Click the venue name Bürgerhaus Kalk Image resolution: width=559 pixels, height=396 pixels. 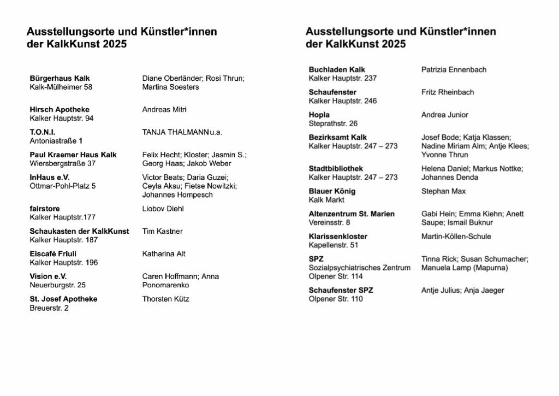(x=60, y=79)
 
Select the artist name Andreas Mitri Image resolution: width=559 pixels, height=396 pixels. (x=164, y=110)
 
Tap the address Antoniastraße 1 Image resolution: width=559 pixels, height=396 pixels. (x=56, y=141)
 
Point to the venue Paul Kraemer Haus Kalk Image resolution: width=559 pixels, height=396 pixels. (x=73, y=155)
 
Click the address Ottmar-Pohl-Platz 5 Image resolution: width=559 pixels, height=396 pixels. (x=63, y=186)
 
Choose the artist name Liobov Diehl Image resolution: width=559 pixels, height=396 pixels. (x=163, y=209)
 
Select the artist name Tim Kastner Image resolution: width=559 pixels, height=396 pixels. (x=162, y=232)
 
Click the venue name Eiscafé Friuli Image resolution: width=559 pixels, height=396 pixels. (x=53, y=254)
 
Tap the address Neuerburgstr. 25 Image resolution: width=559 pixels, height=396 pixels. (x=58, y=285)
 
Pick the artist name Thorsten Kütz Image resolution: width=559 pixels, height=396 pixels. (x=166, y=299)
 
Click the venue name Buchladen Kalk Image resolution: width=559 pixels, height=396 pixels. (x=337, y=70)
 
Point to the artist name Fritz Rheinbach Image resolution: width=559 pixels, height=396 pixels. (x=448, y=92)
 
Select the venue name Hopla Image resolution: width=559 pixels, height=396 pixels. (x=319, y=115)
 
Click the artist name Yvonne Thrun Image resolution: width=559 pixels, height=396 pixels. (x=445, y=155)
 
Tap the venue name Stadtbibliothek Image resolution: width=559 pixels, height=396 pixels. (x=336, y=169)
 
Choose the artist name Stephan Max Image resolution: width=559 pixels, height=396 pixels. (x=443, y=192)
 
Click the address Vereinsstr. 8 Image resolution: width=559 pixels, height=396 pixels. (x=330, y=223)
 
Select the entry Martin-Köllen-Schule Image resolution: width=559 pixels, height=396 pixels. (x=456, y=237)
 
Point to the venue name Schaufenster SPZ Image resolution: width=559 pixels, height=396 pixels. (x=341, y=291)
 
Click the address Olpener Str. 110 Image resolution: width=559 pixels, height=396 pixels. (x=336, y=299)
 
